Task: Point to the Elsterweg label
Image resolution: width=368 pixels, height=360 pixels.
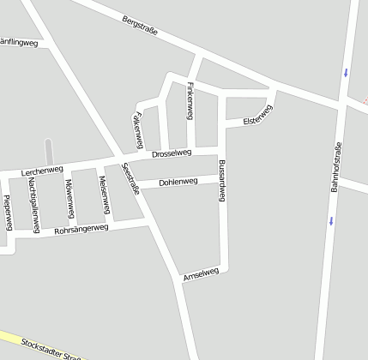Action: pyautogui.click(x=257, y=116)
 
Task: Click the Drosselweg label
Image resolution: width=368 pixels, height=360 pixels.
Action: pyautogui.click(x=171, y=153)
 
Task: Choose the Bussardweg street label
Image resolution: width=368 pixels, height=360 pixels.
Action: pyautogui.click(x=221, y=180)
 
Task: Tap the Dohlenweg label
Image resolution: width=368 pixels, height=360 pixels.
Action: pyautogui.click(x=178, y=181)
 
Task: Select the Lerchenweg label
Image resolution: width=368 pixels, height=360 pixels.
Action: pyautogui.click(x=43, y=171)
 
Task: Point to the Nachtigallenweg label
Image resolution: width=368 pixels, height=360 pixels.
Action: pyautogui.click(x=33, y=206)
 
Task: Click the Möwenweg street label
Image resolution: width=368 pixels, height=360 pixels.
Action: pyautogui.click(x=68, y=199)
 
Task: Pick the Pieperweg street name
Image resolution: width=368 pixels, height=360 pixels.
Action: pyautogui.click(x=7, y=212)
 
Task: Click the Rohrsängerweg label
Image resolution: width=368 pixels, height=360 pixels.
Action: pyautogui.click(x=81, y=230)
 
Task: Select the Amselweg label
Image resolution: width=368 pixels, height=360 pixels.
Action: pyautogui.click(x=202, y=274)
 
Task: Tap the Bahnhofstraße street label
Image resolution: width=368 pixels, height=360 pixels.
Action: pyautogui.click(x=335, y=166)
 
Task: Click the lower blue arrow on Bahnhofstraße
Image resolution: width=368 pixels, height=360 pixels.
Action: pyautogui.click(x=331, y=220)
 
